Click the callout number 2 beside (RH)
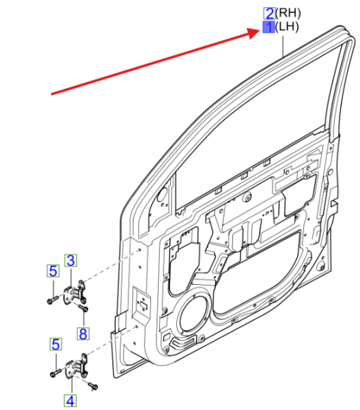click(x=269, y=14)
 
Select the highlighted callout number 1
click(x=268, y=27)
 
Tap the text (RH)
click(x=288, y=13)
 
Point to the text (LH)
click(x=287, y=27)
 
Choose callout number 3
click(x=70, y=260)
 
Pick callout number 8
click(x=83, y=333)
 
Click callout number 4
click(x=70, y=401)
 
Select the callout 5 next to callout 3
click(x=53, y=271)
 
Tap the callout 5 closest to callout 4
click(x=56, y=344)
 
